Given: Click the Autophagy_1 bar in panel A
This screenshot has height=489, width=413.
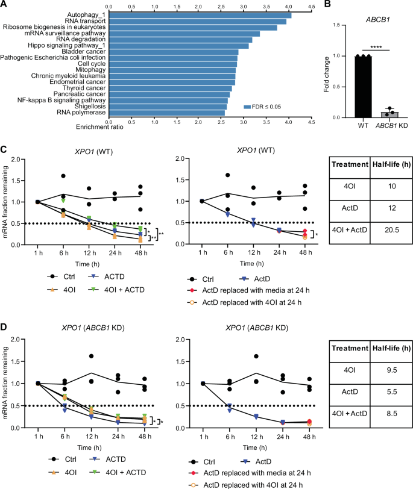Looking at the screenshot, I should [x=199, y=14].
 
